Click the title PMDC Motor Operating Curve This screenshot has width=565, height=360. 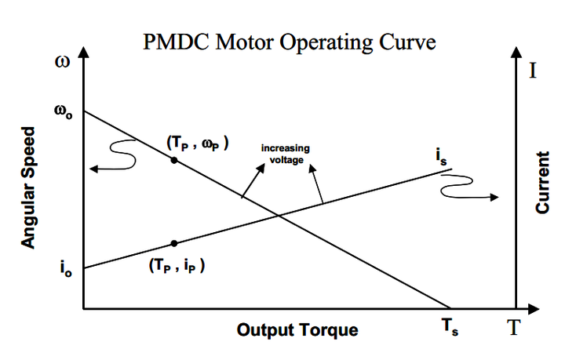tap(289, 42)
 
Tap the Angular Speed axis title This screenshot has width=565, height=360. tap(29, 187)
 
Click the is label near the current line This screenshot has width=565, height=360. tap(442, 155)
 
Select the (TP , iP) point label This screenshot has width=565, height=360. tap(176, 264)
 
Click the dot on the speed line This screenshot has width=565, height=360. tap(174, 160)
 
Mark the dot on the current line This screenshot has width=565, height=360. tap(174, 243)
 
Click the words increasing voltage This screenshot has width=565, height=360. tap(286, 153)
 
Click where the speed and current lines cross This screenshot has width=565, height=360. tap(279, 216)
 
